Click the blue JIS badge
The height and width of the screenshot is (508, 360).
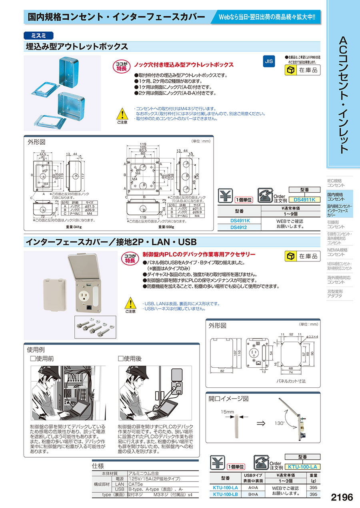[269, 61]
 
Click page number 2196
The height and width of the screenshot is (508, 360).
[342, 497]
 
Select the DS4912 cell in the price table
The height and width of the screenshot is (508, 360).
[238, 227]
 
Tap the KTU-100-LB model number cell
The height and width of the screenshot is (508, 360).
[225, 494]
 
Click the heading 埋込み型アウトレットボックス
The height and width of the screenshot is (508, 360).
[77, 46]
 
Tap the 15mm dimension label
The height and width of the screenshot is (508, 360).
[228, 411]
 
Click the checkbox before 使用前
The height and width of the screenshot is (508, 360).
[33, 359]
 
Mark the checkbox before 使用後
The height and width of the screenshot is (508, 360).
[121, 359]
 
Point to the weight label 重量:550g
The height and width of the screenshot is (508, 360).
[168, 227]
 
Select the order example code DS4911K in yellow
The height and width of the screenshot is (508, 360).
[304, 199]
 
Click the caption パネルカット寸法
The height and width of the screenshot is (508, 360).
[292, 381]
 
